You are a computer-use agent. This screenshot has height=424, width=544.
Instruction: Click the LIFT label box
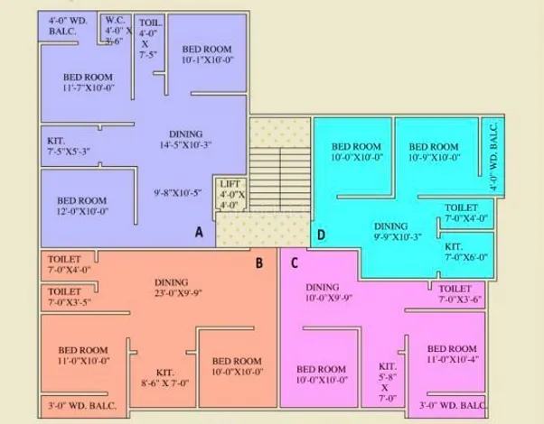tap(230, 194)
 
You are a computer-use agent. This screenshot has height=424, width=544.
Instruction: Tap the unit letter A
tap(199, 232)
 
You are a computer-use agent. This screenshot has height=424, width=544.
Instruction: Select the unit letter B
tap(259, 263)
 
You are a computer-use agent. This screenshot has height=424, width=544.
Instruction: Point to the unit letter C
tap(295, 263)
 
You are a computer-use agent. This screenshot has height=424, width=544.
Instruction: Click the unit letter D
tap(322, 235)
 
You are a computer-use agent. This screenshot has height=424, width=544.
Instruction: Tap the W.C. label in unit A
tap(116, 20)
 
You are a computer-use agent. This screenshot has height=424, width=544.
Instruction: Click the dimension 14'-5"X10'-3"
tap(185, 145)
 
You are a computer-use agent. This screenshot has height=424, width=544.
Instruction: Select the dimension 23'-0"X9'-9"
tap(178, 293)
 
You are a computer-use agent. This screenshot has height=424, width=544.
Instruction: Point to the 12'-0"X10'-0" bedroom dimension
tap(82, 211)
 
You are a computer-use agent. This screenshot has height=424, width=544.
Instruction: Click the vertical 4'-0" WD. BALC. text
tap(493, 156)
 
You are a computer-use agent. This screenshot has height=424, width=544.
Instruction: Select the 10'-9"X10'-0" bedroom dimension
tap(435, 158)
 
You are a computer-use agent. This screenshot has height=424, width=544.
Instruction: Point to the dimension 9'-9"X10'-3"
tap(398, 237)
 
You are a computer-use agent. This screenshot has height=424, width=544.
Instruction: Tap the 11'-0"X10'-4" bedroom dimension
tap(453, 360)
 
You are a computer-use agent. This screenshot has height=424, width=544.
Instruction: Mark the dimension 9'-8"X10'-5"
tap(178, 193)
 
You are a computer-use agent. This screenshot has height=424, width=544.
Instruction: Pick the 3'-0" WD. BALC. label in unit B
tap(82, 406)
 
